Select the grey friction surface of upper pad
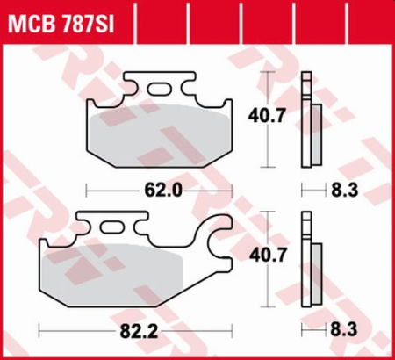(158, 132)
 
